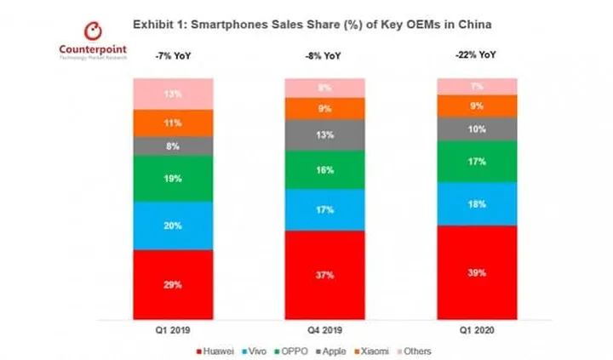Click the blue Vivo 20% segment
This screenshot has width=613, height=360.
tap(173, 226)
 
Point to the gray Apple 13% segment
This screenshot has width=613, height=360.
tap(325, 135)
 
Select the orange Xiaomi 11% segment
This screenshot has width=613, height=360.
tap(173, 123)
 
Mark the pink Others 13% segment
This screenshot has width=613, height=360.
tap(173, 94)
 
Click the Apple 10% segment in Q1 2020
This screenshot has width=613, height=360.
tap(478, 128)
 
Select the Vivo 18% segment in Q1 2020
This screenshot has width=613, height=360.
tap(478, 204)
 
